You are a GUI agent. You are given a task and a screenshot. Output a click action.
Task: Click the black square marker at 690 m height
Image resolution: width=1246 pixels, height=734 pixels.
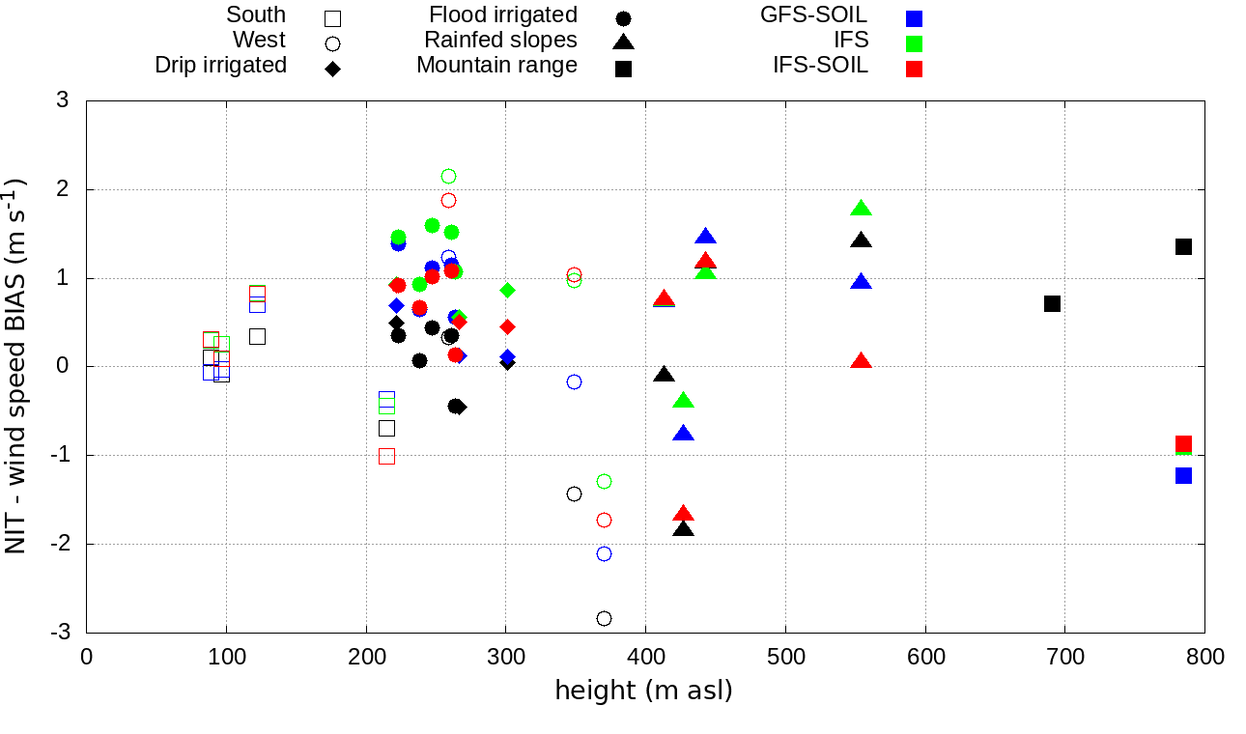1052,303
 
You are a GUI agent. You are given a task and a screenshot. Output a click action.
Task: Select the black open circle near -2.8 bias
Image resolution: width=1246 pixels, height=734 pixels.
604,618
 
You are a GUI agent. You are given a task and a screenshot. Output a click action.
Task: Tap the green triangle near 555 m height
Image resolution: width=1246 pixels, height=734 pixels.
862,209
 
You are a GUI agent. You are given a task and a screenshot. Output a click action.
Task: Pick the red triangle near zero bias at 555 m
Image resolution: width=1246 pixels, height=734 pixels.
862,361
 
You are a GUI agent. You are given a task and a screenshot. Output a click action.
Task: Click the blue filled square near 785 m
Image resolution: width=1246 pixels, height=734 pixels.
1183,475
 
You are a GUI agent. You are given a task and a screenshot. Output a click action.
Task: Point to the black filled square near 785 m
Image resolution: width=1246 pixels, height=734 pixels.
1183,246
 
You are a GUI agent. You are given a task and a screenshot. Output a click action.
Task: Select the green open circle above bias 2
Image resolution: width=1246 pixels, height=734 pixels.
448,176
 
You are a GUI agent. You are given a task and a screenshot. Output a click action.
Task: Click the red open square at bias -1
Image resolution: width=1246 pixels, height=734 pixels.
386,456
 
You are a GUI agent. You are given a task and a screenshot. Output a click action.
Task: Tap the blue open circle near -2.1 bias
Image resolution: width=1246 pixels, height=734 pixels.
604,553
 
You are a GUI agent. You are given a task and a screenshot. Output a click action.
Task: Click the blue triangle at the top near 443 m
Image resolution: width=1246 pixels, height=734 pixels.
705,237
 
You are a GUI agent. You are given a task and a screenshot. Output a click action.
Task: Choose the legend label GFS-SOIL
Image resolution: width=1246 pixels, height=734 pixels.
813,14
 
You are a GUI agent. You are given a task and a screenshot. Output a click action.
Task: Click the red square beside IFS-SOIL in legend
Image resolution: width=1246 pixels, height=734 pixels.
914,69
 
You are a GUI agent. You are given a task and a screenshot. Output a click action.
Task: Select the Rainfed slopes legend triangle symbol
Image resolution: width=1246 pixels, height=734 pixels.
623,42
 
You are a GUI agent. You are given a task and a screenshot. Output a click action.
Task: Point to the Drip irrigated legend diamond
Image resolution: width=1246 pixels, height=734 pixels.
332,69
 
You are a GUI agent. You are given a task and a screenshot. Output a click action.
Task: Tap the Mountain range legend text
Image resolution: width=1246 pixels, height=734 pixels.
496,65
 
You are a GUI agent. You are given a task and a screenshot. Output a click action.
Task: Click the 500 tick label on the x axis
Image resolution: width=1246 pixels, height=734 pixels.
785,657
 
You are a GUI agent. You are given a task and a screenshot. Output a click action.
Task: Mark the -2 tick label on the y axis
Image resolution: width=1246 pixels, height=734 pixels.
60,544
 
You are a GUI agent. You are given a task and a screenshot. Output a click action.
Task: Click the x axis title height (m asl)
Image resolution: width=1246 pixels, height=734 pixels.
643,691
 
